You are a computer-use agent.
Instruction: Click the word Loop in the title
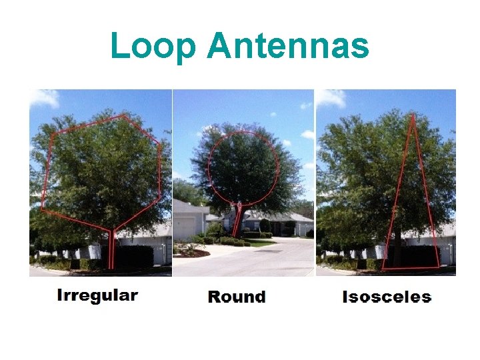click(155, 47)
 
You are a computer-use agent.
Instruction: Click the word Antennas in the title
click(288, 47)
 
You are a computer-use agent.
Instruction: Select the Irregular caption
click(97, 295)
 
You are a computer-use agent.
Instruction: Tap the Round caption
click(237, 297)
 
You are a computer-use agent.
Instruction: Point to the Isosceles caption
click(387, 297)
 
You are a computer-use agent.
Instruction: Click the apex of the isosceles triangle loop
click(413, 116)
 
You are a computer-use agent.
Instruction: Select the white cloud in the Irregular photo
click(44, 99)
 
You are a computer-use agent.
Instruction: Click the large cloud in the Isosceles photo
click(331, 98)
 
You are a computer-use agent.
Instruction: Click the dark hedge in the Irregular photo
click(133, 257)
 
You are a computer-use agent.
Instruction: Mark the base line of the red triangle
click(411, 268)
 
